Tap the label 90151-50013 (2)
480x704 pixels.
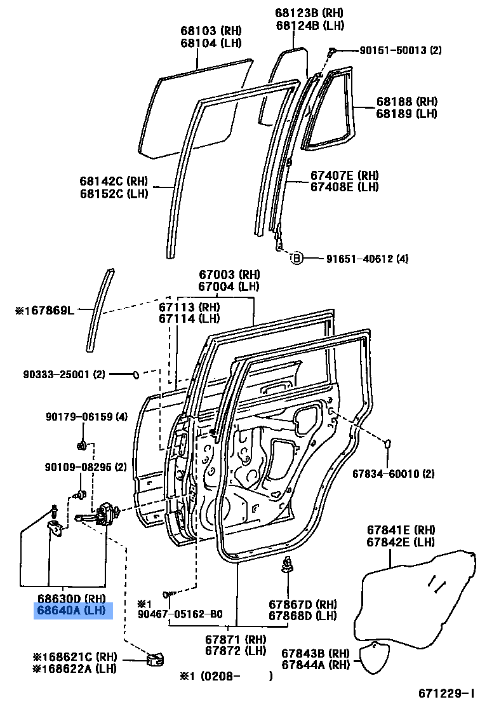click(x=391, y=50)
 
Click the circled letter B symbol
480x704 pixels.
click(x=296, y=258)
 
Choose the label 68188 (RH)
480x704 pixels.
click(x=407, y=102)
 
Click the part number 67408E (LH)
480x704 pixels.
click(x=344, y=187)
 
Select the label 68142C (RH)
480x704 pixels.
click(x=114, y=182)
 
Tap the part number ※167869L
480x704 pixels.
click(x=44, y=311)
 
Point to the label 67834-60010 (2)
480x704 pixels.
click(x=394, y=473)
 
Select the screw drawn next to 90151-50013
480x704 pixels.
click(x=331, y=51)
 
